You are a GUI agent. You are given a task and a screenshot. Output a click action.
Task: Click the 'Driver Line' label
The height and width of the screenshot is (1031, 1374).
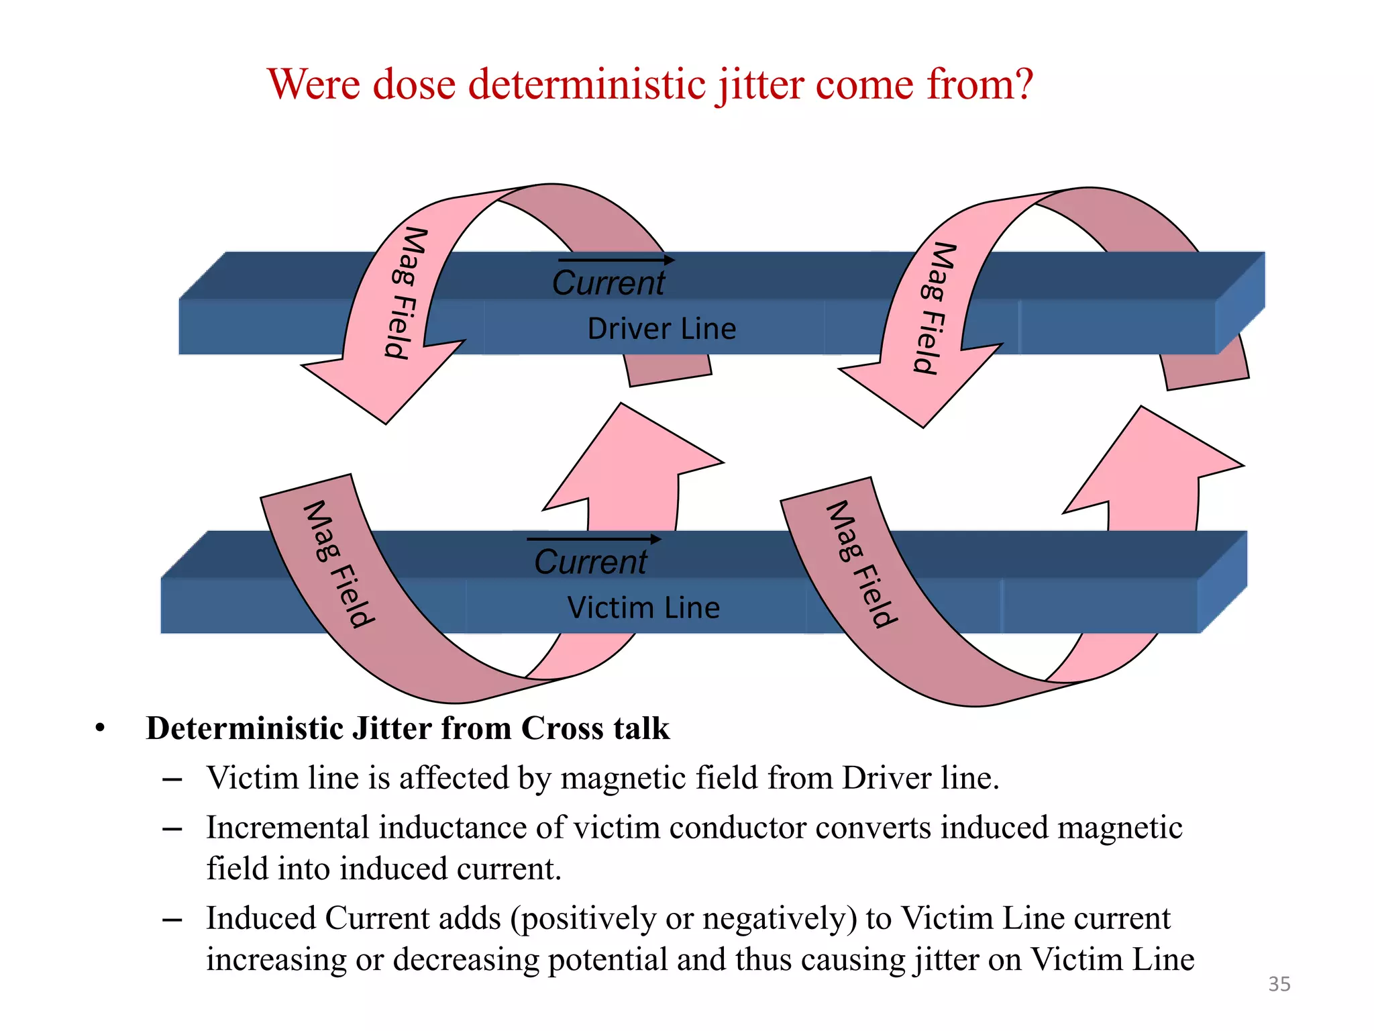pos(662,329)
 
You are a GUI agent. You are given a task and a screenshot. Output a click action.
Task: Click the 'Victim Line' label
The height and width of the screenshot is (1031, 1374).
pos(643,608)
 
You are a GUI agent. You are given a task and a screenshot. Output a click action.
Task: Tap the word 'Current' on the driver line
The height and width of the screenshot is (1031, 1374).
pos(608,283)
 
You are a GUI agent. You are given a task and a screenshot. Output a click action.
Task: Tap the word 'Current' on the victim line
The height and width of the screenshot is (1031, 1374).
pos(590,562)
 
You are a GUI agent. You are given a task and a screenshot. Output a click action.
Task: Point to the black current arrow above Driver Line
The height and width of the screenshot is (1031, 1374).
pos(616,260)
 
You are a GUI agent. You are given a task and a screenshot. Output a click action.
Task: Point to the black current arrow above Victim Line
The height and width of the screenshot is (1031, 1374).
pos(594,538)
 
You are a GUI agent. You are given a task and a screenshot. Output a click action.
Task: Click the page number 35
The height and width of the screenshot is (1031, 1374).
pos(1279,984)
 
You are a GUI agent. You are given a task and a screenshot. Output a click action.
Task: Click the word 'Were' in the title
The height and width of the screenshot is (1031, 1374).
pos(313,85)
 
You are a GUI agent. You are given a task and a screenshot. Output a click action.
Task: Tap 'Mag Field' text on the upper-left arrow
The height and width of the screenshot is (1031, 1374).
pos(407,293)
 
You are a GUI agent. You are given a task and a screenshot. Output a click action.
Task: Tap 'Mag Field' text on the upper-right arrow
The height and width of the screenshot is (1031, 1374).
pos(935,308)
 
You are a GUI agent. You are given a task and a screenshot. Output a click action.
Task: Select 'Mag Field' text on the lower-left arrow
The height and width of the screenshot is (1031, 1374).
pos(339,564)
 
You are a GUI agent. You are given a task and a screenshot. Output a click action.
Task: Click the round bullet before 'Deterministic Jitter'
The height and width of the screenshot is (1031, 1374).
pos(101,729)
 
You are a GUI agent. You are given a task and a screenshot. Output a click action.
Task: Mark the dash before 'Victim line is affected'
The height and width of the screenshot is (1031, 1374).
pos(172,779)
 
